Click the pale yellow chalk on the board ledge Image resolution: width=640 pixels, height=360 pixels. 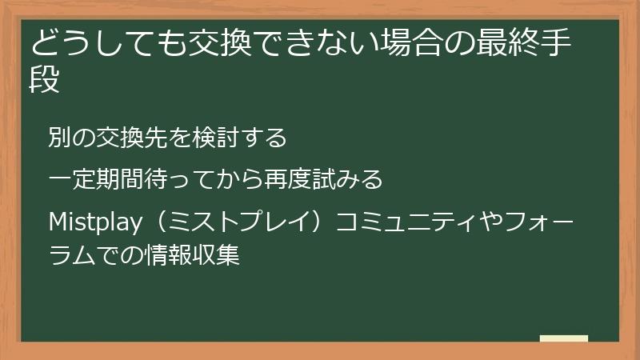point(564,338)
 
